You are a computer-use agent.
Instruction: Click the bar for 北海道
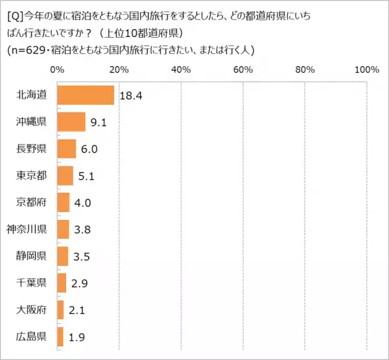[x=86, y=95]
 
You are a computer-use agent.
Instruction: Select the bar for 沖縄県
[x=71, y=122]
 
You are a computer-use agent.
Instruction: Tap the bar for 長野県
[x=67, y=149]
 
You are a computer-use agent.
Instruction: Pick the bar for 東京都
[x=65, y=176]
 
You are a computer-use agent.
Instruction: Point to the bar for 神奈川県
[x=63, y=229]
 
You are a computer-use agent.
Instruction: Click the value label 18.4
[x=130, y=95]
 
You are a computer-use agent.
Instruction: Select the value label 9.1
[x=99, y=123]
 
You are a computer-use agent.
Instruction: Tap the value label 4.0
[x=82, y=202]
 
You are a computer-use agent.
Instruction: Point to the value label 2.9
[x=78, y=283]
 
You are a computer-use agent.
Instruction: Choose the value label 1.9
[x=75, y=337]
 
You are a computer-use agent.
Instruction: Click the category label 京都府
[x=31, y=202]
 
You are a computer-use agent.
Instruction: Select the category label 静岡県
[x=31, y=256]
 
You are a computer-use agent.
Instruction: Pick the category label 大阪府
[x=31, y=309]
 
